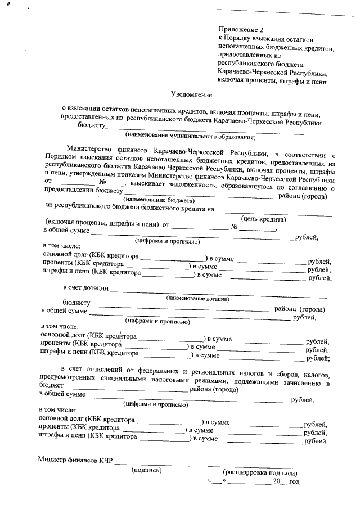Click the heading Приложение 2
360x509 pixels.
pos(240,29)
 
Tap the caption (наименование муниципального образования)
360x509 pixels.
pos(190,136)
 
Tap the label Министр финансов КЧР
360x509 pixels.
pos(75,460)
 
